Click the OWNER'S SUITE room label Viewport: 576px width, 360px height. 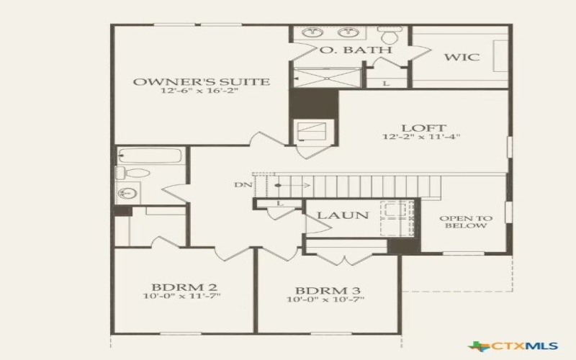coord(202,81)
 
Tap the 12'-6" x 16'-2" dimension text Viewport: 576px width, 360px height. coord(202,92)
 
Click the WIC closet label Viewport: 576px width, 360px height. coord(462,57)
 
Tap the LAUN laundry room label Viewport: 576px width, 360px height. coord(343,215)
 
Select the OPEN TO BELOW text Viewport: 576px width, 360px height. coord(466,222)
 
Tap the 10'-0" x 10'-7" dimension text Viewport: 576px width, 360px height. coord(325,300)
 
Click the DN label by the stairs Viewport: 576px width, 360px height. coord(243,185)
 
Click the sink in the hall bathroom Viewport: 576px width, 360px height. coord(128,193)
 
